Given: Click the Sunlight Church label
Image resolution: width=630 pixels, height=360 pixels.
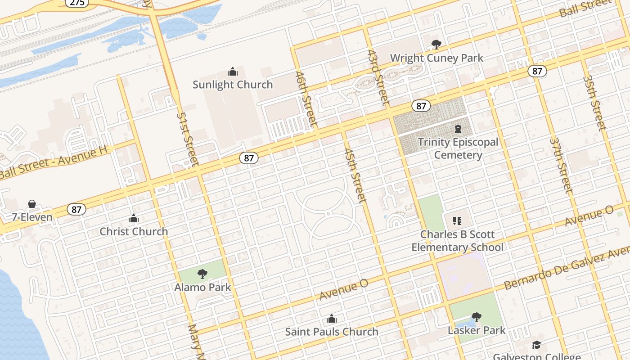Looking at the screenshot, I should point(233,85).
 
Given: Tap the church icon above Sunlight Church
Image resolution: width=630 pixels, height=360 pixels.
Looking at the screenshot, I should point(233,72).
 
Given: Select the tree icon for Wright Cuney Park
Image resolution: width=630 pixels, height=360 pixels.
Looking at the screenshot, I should point(436,45).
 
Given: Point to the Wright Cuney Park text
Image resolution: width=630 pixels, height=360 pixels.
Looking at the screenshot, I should point(436,58).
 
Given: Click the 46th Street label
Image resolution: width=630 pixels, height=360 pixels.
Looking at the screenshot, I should point(306,99).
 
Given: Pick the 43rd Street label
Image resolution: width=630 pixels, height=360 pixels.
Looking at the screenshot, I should point(378,77).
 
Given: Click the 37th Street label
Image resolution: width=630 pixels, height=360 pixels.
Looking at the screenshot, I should point(560,165).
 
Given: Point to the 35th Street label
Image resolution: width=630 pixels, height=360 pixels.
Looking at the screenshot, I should point(594,103).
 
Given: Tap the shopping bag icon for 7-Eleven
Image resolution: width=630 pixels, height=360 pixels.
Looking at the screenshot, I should point(32,204).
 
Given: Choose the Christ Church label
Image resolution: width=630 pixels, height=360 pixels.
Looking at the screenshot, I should point(134,231).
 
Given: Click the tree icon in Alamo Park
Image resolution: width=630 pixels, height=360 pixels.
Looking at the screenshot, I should point(202,274).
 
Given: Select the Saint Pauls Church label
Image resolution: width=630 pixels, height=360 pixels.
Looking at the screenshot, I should point(332,332).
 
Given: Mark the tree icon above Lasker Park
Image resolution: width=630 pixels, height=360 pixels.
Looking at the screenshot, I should point(477,317).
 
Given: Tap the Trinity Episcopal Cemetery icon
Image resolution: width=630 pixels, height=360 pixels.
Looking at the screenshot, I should point(458,129).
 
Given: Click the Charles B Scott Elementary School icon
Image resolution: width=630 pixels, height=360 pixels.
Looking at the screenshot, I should point(457,220).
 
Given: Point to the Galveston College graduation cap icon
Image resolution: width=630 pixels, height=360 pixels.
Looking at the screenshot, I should point(536,345).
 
